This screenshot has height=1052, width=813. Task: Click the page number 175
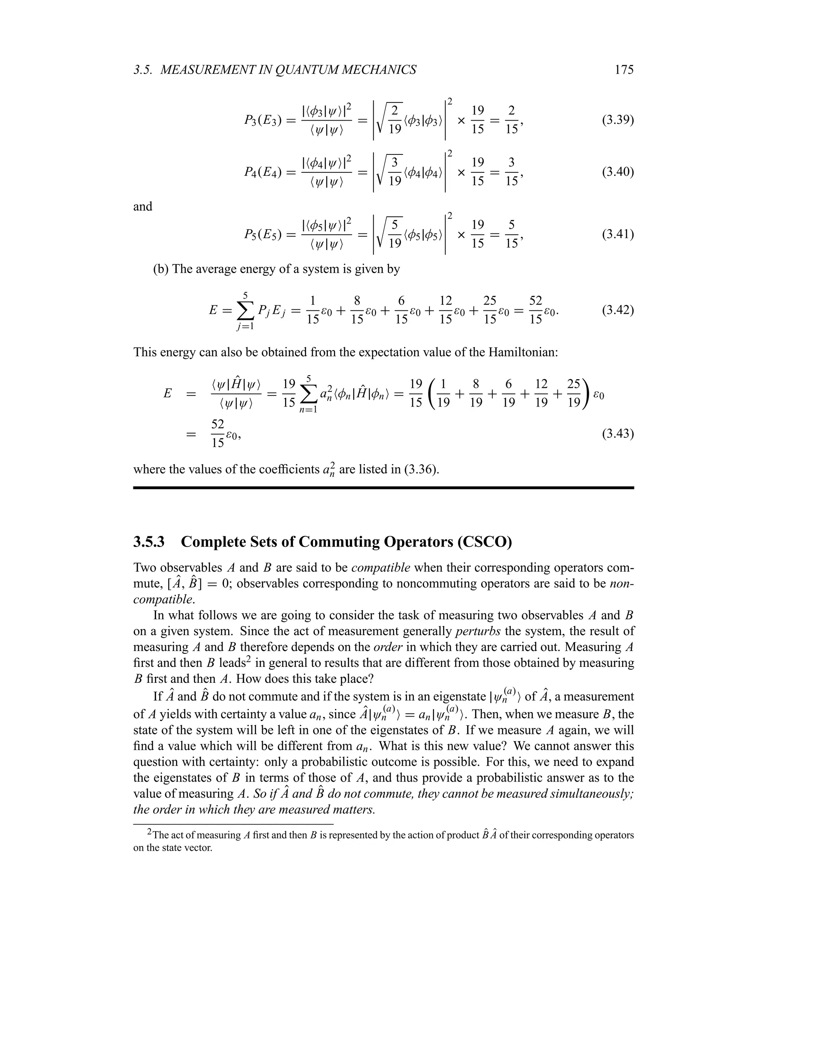pyautogui.click(x=624, y=70)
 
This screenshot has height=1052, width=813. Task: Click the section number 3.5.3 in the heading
pyautogui.click(x=149, y=542)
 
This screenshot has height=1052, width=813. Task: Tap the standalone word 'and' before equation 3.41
pyautogui.click(x=143, y=207)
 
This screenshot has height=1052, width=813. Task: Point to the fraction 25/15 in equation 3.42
pyautogui.click(x=490, y=310)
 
